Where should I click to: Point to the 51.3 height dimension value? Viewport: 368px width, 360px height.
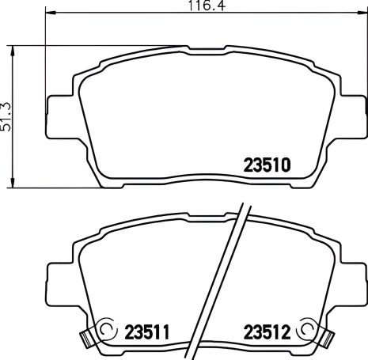7,116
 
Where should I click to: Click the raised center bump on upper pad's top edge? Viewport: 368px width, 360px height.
207,48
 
